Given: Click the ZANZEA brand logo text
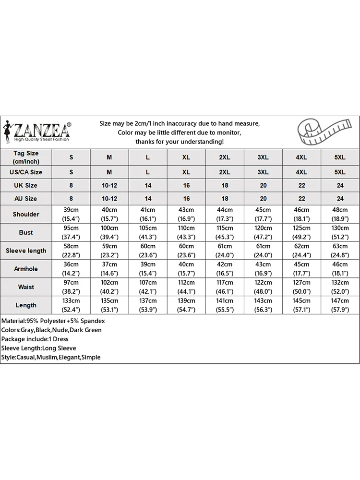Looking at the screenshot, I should [42, 130].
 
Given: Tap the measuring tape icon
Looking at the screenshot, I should [316, 132].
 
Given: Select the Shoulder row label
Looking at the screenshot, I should [26, 214].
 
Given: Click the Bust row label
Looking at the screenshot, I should [26, 232].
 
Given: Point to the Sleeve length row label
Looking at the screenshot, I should [26, 251].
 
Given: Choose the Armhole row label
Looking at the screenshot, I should [26, 269].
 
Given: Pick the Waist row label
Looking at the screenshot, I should [26, 287].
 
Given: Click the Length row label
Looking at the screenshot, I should [26, 305].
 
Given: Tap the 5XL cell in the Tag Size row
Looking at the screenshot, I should [340, 157].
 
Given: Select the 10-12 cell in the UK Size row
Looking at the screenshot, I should [109, 185].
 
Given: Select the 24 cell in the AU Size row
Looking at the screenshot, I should [340, 198].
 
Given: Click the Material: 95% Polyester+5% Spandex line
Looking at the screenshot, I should [53, 321].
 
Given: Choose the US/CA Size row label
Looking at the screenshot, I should [26, 172].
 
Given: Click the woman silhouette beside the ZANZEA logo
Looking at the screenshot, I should [8, 130].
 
